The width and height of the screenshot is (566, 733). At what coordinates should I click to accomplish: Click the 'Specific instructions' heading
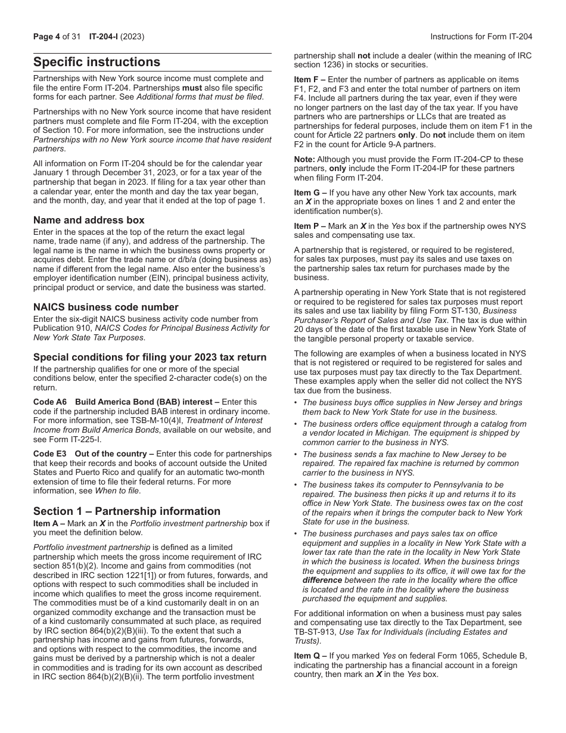tap(97, 62)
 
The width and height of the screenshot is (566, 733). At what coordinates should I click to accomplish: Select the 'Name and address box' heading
tap(89, 220)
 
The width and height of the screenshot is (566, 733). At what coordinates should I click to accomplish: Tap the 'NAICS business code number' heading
tap(105, 307)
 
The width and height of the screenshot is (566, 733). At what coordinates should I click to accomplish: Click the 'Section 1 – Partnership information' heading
tap(126, 511)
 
